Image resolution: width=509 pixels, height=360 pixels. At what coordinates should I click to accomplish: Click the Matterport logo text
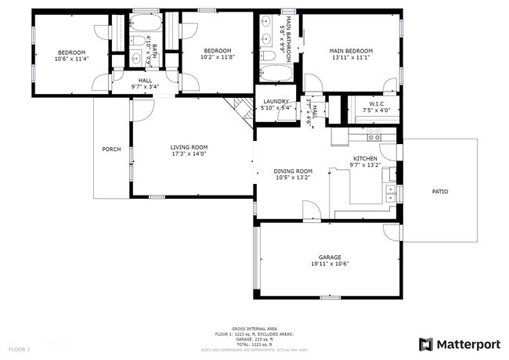(468, 343)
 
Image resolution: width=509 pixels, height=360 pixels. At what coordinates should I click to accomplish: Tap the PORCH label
(111, 149)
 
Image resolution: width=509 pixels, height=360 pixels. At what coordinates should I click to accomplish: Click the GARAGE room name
(330, 257)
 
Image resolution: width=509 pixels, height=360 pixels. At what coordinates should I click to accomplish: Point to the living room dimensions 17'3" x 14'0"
(190, 154)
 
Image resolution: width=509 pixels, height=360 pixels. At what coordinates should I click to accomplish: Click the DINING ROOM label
(293, 171)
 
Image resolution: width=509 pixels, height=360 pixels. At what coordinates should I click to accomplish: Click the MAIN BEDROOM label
(351, 51)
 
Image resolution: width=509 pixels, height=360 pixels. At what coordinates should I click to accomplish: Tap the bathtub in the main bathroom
(275, 74)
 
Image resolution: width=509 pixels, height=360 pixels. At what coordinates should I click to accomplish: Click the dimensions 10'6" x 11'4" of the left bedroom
(71, 58)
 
